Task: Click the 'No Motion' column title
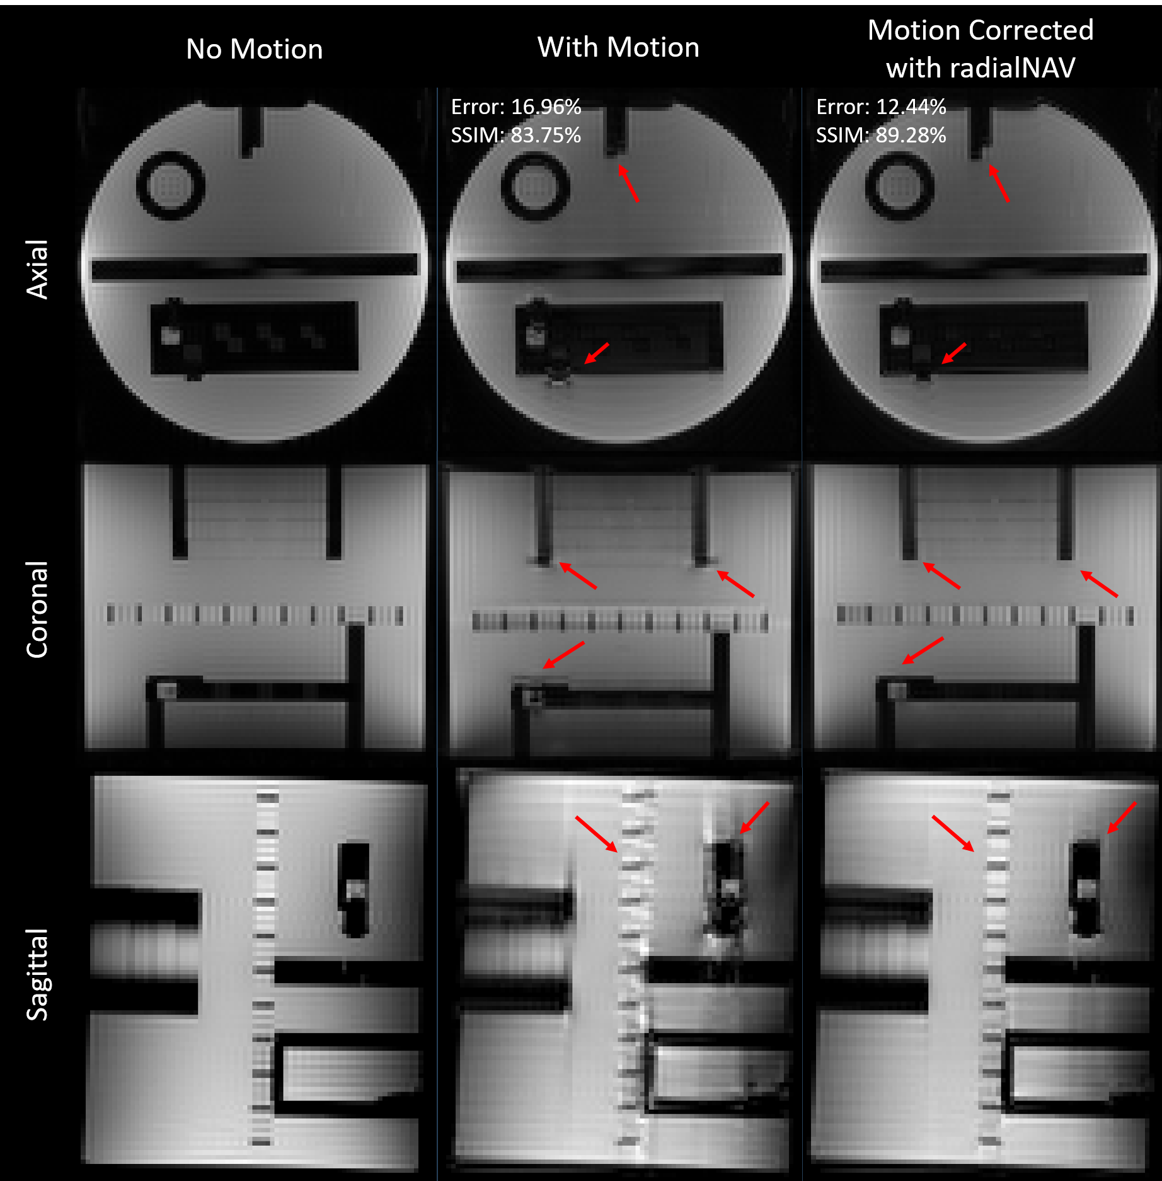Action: [x=254, y=49]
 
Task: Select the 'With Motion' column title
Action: [x=618, y=47]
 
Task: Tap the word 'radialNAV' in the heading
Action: [x=1013, y=68]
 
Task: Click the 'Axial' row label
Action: [x=37, y=269]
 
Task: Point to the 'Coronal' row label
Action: [x=37, y=609]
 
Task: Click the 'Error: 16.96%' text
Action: [x=516, y=107]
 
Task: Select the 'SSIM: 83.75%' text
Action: [x=516, y=135]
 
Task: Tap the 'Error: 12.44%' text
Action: [x=881, y=107]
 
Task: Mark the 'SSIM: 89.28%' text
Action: [x=881, y=135]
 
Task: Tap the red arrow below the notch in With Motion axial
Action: [x=628, y=183]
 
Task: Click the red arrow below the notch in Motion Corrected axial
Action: [x=998, y=183]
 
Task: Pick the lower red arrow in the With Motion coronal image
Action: [x=563, y=655]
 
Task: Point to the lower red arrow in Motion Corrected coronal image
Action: [x=923, y=650]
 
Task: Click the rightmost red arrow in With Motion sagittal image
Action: [x=754, y=818]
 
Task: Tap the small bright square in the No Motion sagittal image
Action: [x=355, y=889]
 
